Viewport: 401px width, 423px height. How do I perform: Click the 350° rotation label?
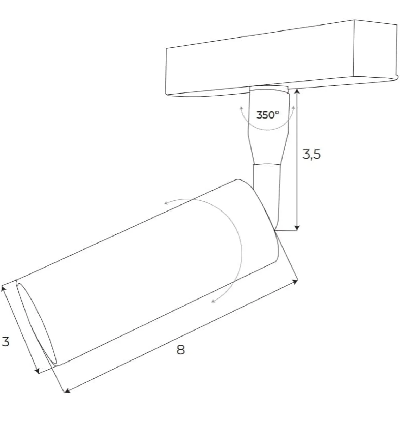click(x=267, y=115)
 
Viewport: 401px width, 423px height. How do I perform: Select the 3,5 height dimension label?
click(x=311, y=154)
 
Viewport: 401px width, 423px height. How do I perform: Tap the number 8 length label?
click(x=180, y=350)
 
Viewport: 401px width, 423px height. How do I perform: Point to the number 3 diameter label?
click(x=5, y=341)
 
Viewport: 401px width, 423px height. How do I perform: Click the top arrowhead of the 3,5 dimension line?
click(x=297, y=91)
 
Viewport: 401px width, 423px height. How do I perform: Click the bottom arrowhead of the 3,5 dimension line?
click(x=297, y=228)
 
